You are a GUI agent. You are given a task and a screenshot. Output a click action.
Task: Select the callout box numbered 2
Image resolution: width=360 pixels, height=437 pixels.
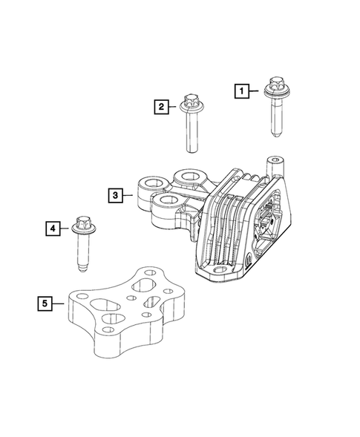click(160, 107)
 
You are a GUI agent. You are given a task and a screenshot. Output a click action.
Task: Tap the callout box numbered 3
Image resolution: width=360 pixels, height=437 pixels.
click(114, 196)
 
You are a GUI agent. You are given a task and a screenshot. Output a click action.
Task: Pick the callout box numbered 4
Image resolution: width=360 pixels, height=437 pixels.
click(52, 229)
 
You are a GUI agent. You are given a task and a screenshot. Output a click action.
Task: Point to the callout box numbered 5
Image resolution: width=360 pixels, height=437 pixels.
click(45, 303)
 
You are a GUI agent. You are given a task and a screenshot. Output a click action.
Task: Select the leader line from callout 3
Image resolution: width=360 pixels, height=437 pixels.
click(128, 196)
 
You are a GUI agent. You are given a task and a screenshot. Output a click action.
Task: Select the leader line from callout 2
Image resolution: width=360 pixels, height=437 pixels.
click(172, 107)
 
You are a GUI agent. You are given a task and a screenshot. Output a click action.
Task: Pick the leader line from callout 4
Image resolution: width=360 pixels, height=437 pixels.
click(65, 229)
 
